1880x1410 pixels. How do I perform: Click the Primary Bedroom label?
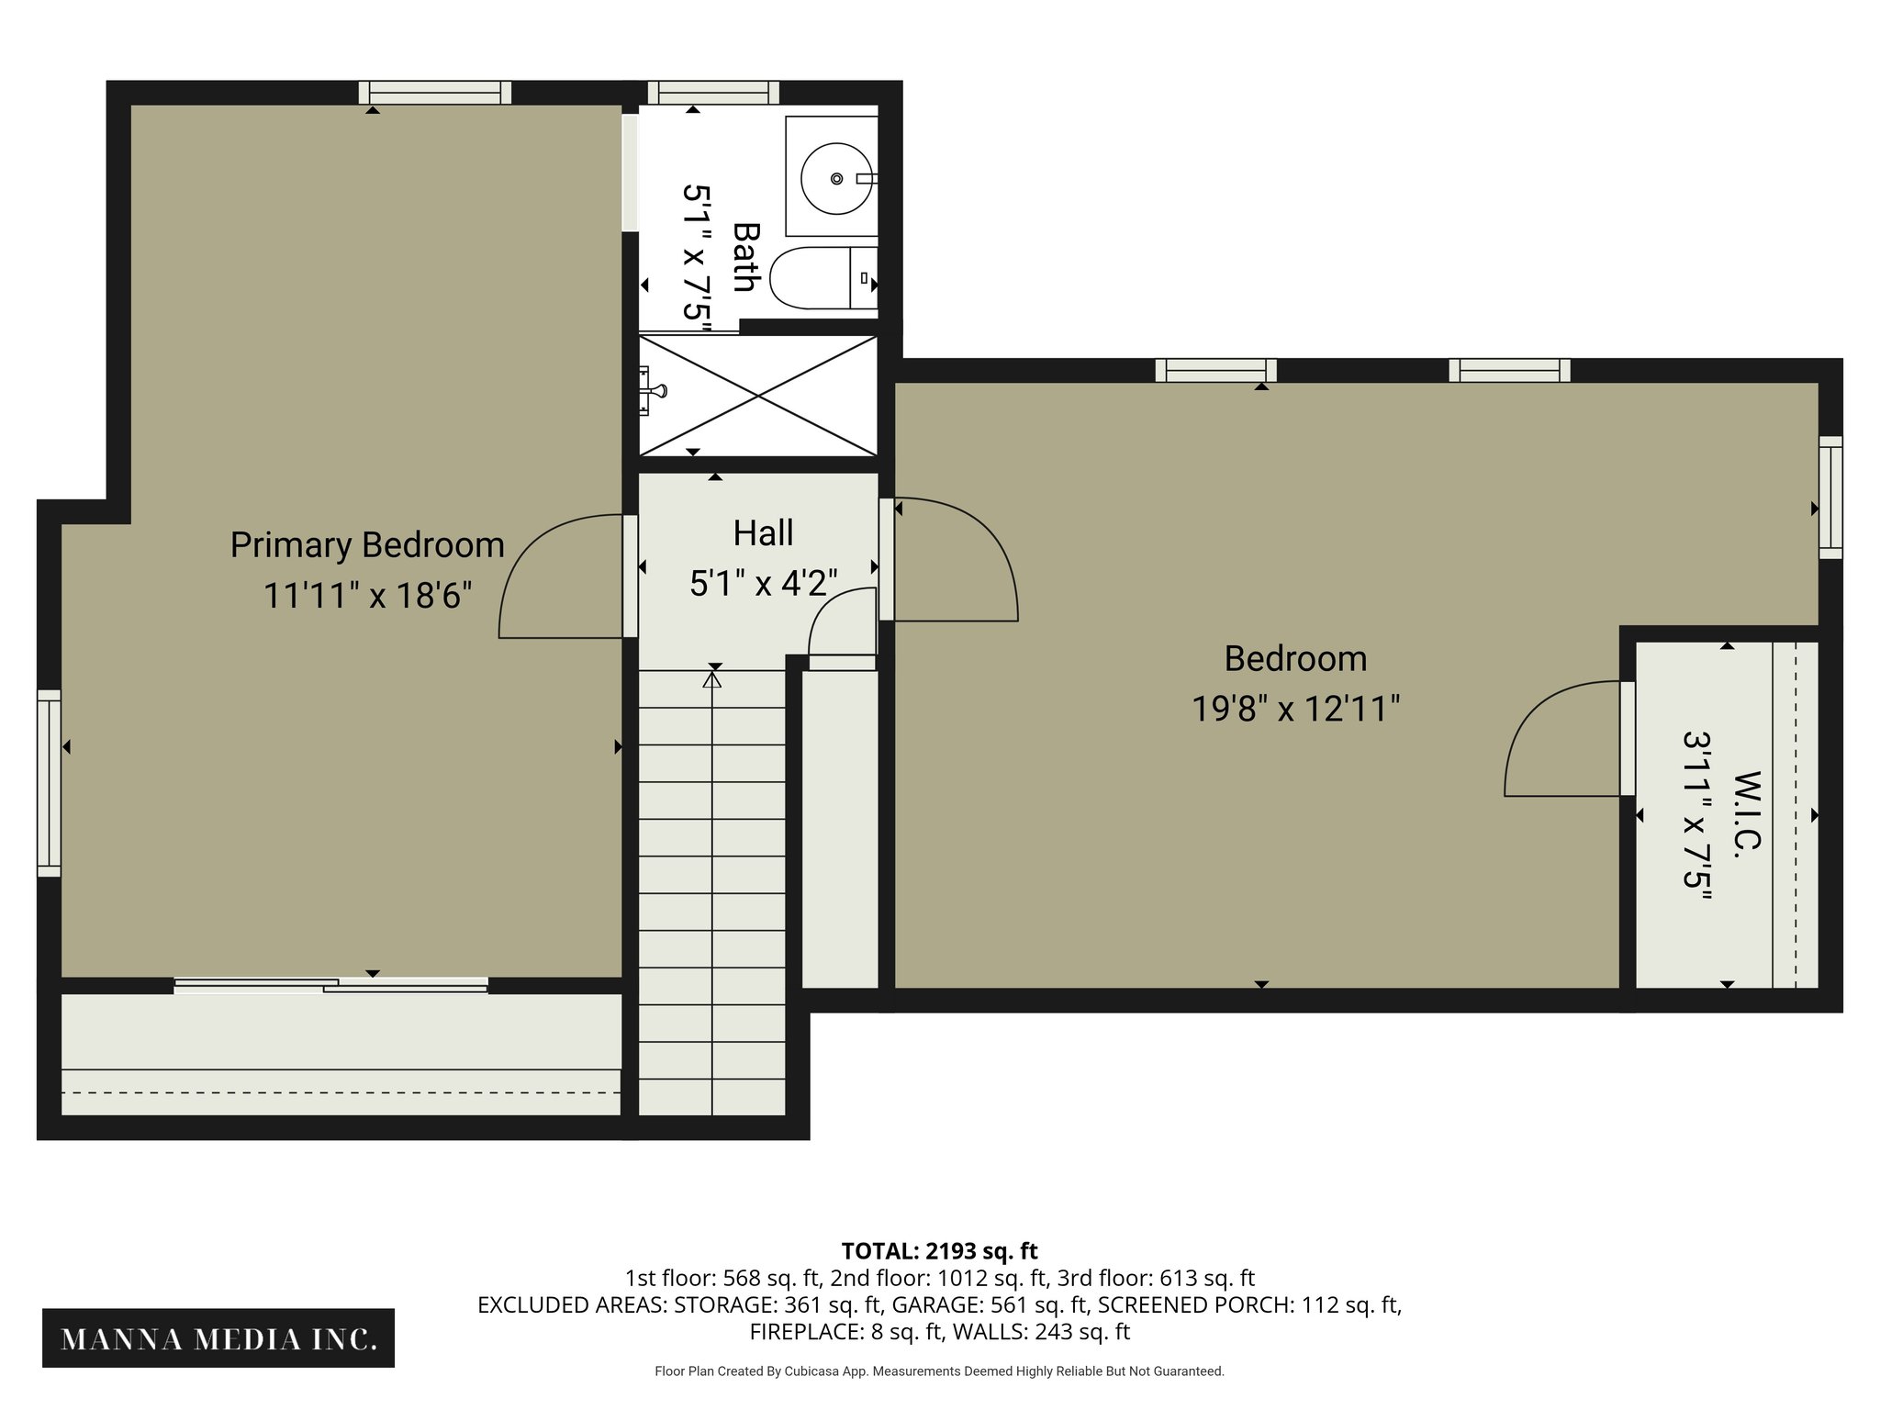click(367, 545)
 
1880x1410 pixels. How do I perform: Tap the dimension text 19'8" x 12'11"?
click(1295, 709)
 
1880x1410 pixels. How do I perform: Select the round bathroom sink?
click(835, 178)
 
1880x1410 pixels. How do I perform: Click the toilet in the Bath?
click(822, 277)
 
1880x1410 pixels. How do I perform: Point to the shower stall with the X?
click(758, 395)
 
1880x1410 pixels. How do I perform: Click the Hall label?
click(763, 533)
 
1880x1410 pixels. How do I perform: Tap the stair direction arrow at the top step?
click(711, 679)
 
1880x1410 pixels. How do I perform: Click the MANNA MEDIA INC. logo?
click(218, 1339)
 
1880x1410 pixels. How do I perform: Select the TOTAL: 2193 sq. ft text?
click(939, 1250)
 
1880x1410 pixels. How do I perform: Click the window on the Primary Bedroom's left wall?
click(49, 783)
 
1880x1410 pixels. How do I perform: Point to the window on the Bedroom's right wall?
click(1830, 498)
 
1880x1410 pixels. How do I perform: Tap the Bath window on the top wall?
click(713, 92)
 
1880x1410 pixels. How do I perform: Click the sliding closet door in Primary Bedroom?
click(330, 985)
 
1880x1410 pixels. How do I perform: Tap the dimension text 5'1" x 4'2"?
click(763, 583)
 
